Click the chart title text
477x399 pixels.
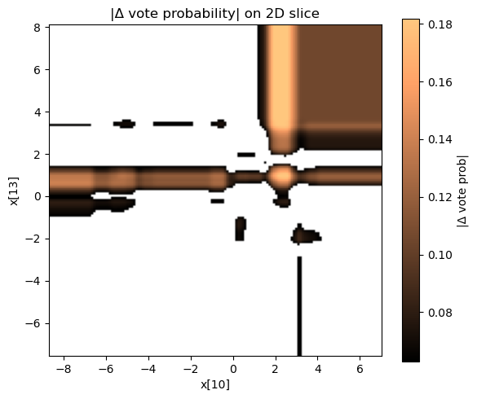coord(215,12)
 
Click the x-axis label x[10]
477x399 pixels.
coord(215,384)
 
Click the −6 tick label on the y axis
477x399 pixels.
coord(35,323)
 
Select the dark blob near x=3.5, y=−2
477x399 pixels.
coord(307,236)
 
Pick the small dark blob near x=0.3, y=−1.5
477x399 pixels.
coord(240,227)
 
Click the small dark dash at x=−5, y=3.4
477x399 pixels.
coord(126,124)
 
